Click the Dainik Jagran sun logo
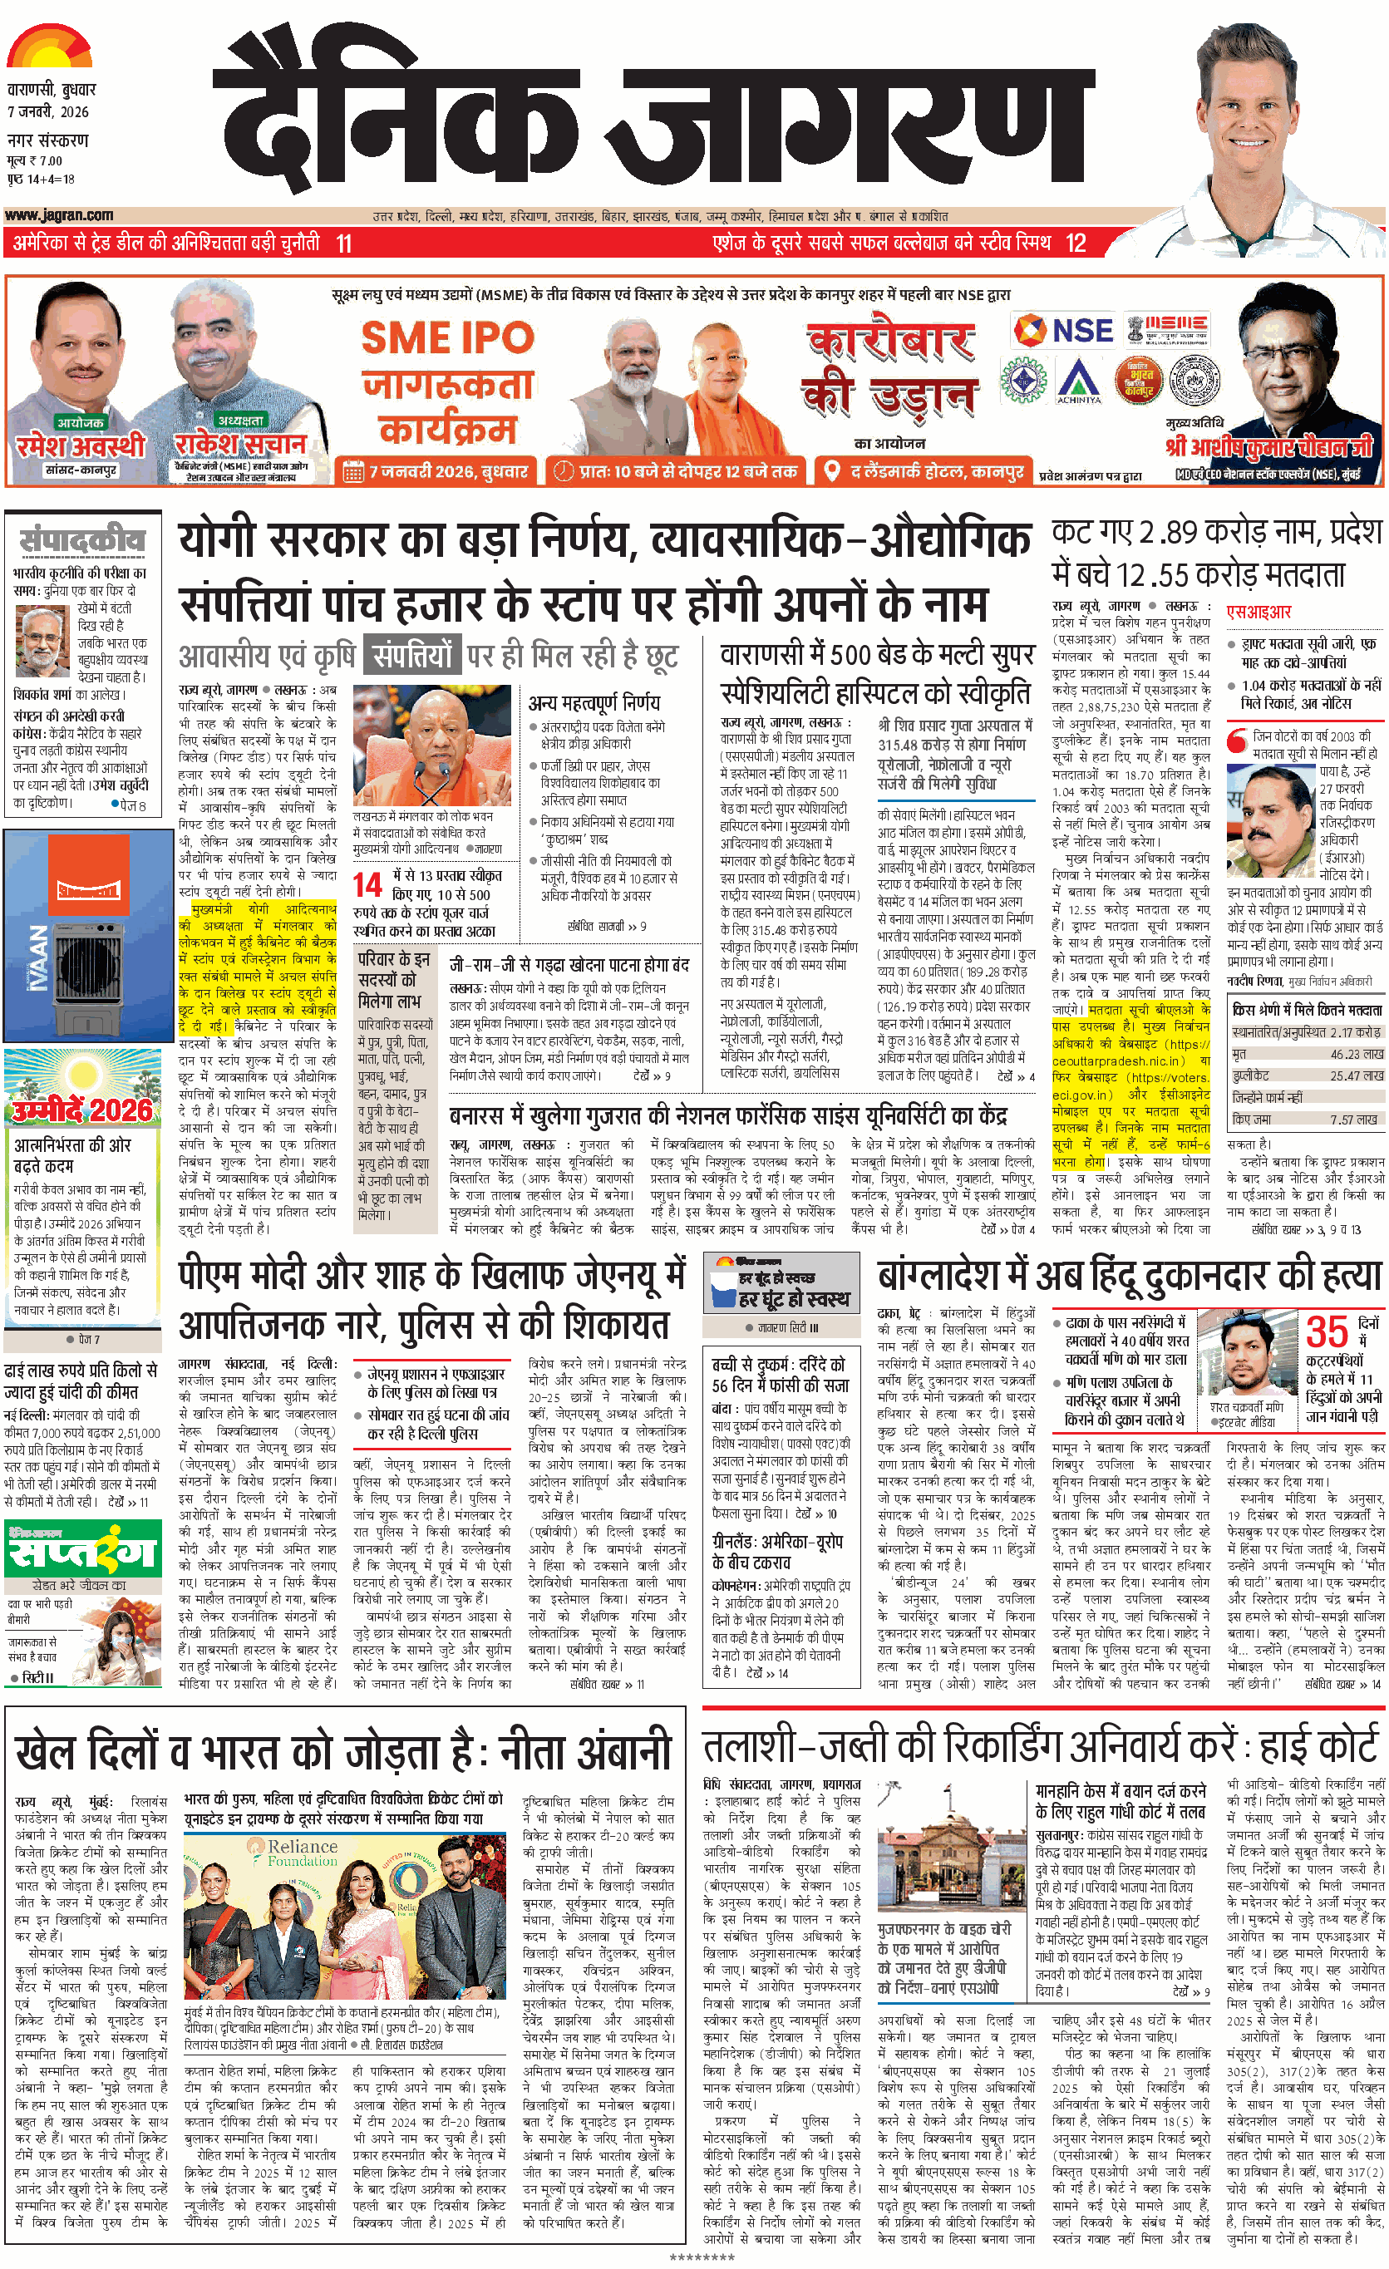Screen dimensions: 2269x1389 click(x=51, y=46)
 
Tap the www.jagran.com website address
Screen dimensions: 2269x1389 click(x=59, y=215)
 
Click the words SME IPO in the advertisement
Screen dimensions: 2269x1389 click(x=446, y=338)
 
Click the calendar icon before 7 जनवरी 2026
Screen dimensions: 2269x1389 click(x=352, y=472)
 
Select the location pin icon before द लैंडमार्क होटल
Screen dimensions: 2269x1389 click(x=830, y=471)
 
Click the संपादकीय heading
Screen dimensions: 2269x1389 click(x=82, y=541)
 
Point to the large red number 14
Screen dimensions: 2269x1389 click(x=367, y=886)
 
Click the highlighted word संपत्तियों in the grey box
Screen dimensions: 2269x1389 click(x=411, y=655)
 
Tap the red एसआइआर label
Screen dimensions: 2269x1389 click(x=1258, y=612)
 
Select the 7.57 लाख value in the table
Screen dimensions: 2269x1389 click(x=1353, y=1119)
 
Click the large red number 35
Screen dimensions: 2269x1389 click(x=1327, y=1331)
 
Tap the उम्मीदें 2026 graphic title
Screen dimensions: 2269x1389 click(x=83, y=1110)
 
